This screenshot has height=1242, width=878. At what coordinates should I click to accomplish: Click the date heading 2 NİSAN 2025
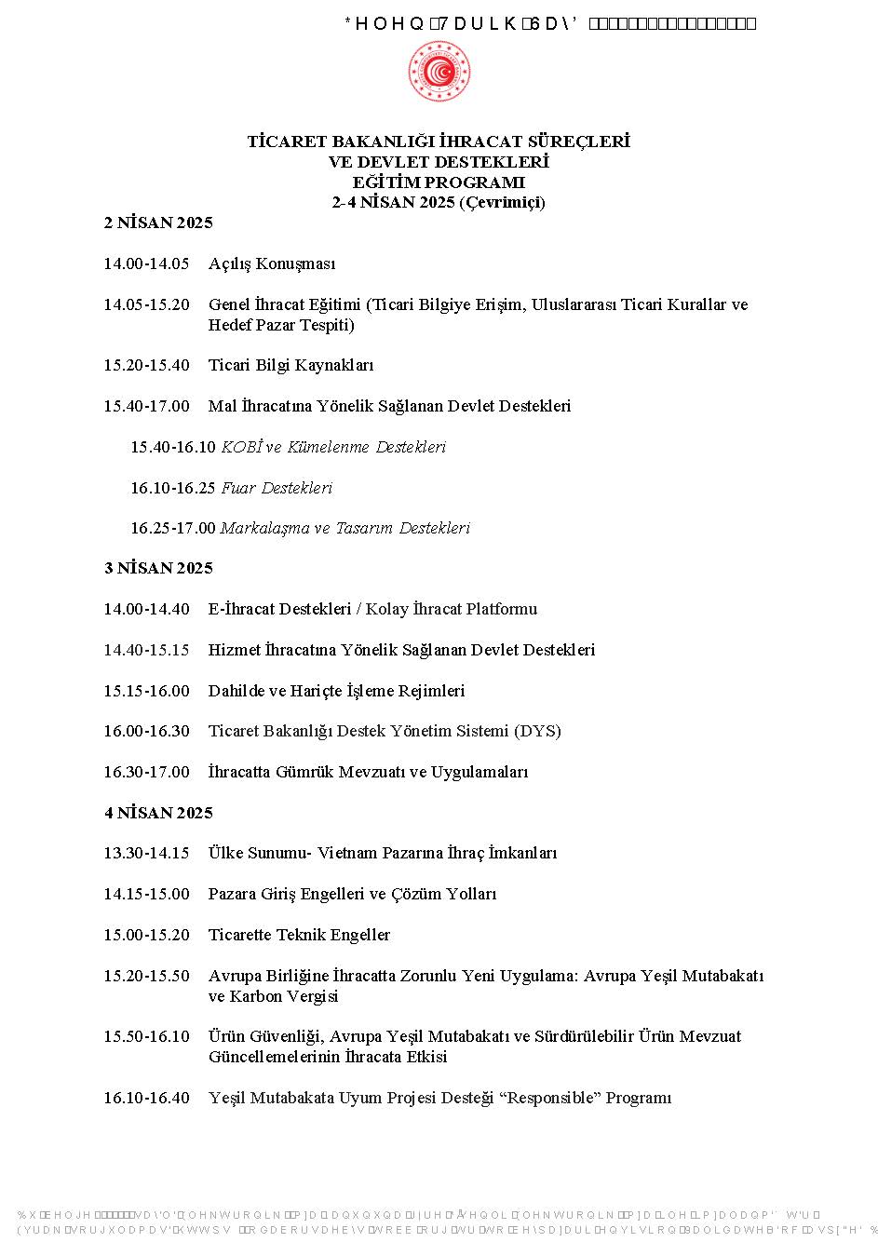tap(158, 223)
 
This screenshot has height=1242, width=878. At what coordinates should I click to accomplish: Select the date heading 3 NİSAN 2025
tap(158, 568)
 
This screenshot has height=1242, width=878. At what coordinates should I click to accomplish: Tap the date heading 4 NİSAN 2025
tap(158, 813)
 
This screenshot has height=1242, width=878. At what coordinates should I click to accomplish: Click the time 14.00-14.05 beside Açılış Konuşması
tap(146, 263)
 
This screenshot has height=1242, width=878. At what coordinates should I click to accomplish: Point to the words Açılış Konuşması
tap(271, 263)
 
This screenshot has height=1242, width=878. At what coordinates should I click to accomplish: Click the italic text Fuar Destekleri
tap(277, 488)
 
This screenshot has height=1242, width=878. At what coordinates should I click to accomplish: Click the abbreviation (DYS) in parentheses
tap(537, 731)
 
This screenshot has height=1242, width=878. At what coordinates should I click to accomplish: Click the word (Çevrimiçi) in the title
tap(502, 202)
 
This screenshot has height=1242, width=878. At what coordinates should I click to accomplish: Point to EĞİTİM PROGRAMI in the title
tap(439, 182)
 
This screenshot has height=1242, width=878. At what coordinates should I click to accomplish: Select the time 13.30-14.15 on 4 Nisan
tap(146, 853)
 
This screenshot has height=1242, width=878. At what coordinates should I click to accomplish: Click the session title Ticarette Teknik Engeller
tap(299, 935)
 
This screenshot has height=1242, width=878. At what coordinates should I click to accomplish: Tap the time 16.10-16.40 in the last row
tap(146, 1098)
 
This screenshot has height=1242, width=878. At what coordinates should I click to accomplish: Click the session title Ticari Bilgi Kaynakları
tap(290, 365)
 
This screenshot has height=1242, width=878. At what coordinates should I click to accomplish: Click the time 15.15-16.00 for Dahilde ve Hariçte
tap(146, 691)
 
